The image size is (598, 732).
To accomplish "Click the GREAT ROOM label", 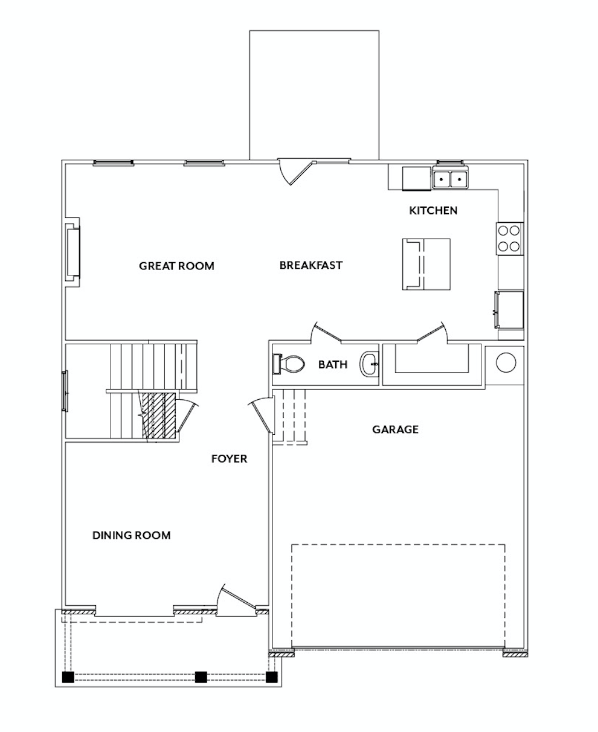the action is click(x=176, y=266).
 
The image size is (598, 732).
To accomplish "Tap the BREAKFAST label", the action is click(x=311, y=265).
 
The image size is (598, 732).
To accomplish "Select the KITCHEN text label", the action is click(x=433, y=210).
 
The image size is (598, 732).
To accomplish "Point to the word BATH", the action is click(x=333, y=364).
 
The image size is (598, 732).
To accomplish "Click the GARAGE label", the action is click(x=395, y=429).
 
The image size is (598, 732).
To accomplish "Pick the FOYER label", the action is click(x=230, y=459).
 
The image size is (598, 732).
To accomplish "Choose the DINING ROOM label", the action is click(x=132, y=535).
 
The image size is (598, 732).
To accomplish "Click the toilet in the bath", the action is click(x=289, y=364).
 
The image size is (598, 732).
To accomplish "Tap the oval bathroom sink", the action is click(x=369, y=364).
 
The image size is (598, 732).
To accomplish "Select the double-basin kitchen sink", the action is click(x=450, y=179).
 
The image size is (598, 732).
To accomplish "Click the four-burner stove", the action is click(x=509, y=239).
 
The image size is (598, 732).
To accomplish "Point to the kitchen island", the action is click(x=426, y=264).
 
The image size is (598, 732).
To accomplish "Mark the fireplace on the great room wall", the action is click(x=72, y=252).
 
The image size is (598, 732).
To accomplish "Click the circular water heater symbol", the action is click(x=506, y=362).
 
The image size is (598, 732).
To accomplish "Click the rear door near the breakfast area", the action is click(x=297, y=173).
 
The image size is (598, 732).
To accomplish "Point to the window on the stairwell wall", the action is click(x=65, y=391).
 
